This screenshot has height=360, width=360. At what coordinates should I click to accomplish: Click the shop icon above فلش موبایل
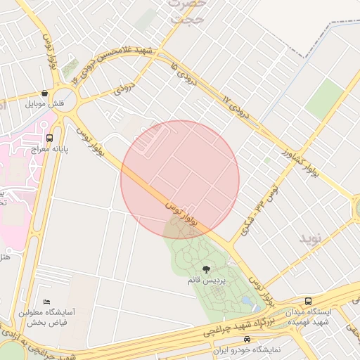click(x=45, y=93)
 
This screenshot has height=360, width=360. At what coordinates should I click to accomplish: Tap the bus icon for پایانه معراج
click(x=49, y=139)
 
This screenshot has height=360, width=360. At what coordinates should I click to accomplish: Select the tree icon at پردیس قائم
click(x=206, y=269)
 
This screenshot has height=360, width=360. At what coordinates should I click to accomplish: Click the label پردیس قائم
click(x=206, y=281)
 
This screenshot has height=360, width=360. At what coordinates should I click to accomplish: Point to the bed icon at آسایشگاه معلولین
click(x=46, y=302)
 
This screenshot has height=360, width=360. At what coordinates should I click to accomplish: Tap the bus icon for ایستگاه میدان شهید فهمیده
click(x=309, y=302)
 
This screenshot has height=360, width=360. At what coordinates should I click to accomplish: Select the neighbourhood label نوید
click(x=309, y=238)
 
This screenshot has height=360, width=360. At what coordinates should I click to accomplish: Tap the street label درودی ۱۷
click(x=236, y=105)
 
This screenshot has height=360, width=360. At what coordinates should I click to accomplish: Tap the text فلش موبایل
click(x=45, y=103)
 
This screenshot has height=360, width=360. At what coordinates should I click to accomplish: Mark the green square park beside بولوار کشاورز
click(x=323, y=98)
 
